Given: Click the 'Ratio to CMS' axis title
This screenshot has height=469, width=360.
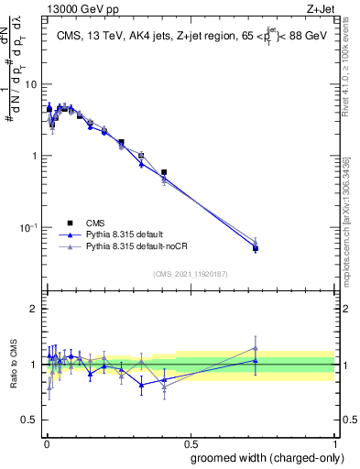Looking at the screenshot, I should (x=13, y=364).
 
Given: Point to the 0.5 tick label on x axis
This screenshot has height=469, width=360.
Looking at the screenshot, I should (x=190, y=441).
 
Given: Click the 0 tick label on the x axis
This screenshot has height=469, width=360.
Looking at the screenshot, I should (x=46, y=441).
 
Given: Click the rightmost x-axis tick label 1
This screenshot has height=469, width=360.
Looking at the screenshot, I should (x=334, y=441).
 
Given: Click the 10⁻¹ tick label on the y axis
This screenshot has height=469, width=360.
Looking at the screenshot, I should (x=30, y=227).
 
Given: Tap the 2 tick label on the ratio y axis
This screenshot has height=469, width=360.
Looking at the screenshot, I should (x=36, y=309).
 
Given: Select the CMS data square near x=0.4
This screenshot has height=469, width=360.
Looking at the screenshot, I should (x=164, y=172).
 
